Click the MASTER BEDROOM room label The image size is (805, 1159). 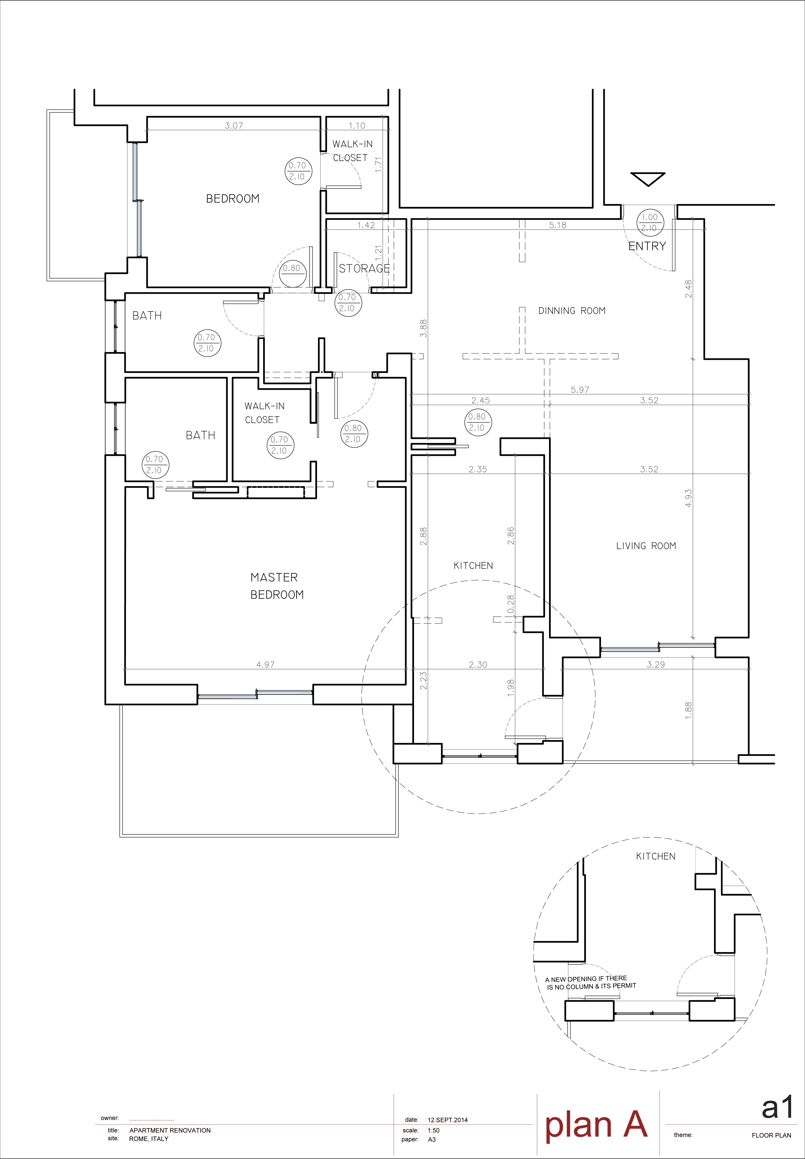click(x=277, y=586)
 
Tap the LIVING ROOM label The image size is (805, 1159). click(x=646, y=546)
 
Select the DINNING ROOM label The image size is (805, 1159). click(x=572, y=311)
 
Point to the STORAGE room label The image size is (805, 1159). click(x=364, y=268)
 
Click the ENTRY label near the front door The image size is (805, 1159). click(x=647, y=246)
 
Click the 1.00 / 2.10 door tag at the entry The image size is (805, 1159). click(x=650, y=222)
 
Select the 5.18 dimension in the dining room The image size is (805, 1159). click(x=558, y=225)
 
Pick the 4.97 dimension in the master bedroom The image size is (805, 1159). click(x=265, y=664)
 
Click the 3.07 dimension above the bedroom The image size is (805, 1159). click(x=233, y=125)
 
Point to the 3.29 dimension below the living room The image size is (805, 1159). click(x=656, y=664)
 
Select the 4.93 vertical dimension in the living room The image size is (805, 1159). click(x=688, y=498)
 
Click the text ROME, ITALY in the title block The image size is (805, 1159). click(x=149, y=1138)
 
